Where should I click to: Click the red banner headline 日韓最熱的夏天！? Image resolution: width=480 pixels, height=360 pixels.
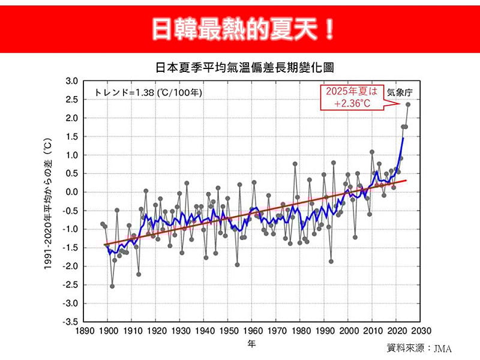point(240,28)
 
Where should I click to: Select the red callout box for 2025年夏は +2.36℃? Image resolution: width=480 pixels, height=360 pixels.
point(352,97)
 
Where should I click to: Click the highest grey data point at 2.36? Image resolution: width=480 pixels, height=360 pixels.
point(408,104)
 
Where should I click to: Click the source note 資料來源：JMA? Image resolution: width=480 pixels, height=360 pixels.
point(419,348)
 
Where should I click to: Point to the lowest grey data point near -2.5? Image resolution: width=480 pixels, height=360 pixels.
point(112,286)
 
